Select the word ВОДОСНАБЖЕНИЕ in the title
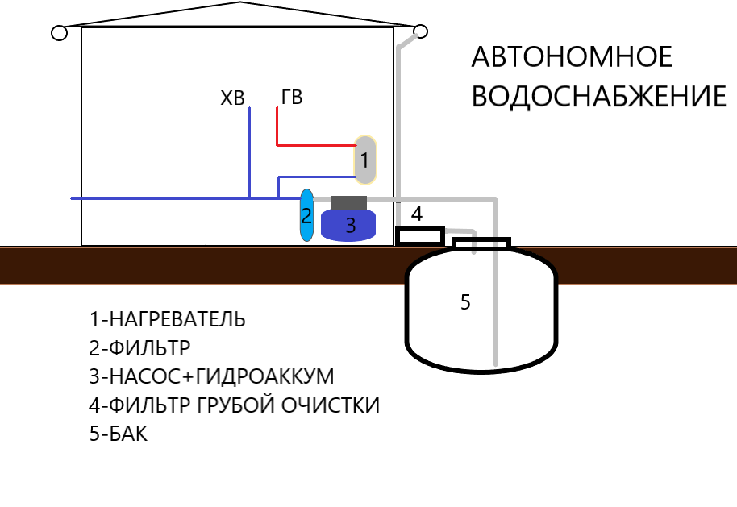tap(598, 97)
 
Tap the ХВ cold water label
tap(232, 99)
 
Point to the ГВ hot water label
tap(292, 98)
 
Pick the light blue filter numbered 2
tap(306, 215)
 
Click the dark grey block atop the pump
tap(349, 202)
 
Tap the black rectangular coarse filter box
tap(419, 235)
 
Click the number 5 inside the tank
tap(465, 302)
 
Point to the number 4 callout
tap(417, 214)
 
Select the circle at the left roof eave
tap(58, 33)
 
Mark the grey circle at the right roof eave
tap(420, 31)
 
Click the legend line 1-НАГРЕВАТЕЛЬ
tap(168, 319)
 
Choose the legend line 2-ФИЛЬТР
tap(139, 348)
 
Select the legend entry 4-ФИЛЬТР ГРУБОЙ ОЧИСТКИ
tap(234, 405)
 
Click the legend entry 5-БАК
tap(119, 434)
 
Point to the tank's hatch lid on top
tap(481, 243)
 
